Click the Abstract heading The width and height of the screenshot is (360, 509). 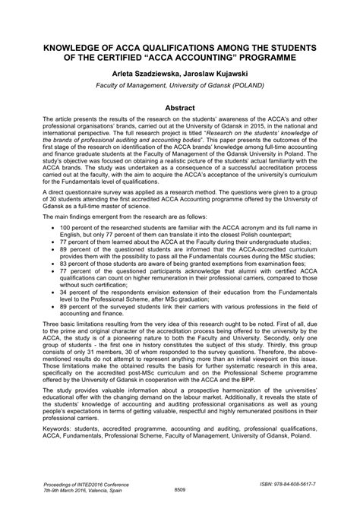[180, 109]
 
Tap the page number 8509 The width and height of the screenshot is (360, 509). [180, 489]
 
